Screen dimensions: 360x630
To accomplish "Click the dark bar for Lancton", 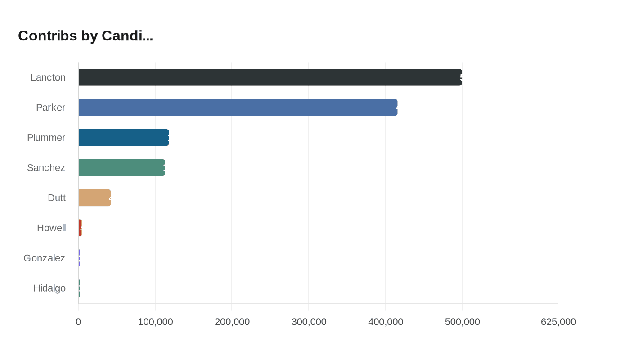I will (x=270, y=77).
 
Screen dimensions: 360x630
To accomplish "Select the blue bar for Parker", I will (x=238, y=108).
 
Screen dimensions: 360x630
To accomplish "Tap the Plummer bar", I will (x=124, y=138).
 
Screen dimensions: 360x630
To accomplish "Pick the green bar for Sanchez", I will (x=121, y=167).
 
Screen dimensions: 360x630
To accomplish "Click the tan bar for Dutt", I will (x=94, y=198).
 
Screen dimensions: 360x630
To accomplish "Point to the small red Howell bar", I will (x=80, y=228).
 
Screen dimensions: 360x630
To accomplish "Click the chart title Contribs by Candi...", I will (x=85, y=36).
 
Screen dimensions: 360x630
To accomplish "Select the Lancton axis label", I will (x=48, y=77).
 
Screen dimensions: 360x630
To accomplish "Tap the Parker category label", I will (x=51, y=108).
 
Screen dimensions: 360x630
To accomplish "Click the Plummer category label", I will (x=46, y=138).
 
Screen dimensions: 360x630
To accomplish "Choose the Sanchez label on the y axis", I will (x=46, y=168).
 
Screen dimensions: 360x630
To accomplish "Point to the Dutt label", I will (x=57, y=198).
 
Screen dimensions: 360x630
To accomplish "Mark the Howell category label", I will (x=51, y=228).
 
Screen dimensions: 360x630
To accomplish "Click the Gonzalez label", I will (x=45, y=258).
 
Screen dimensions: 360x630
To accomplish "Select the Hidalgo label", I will (x=49, y=288).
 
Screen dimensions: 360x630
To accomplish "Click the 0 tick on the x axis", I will (x=78, y=322).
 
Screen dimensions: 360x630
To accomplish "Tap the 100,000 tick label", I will (x=155, y=322).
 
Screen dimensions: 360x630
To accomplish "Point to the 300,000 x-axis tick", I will (x=309, y=322).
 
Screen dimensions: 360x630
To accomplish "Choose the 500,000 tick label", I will (x=462, y=322).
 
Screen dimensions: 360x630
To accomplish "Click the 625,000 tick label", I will (x=558, y=322).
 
